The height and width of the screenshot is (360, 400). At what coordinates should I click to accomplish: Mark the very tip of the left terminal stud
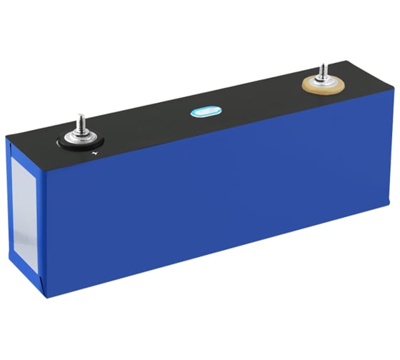point(81,113)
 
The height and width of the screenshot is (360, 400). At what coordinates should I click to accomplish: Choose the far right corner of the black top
point(391,91)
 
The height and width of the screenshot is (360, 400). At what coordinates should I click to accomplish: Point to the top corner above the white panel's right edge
point(41,159)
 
